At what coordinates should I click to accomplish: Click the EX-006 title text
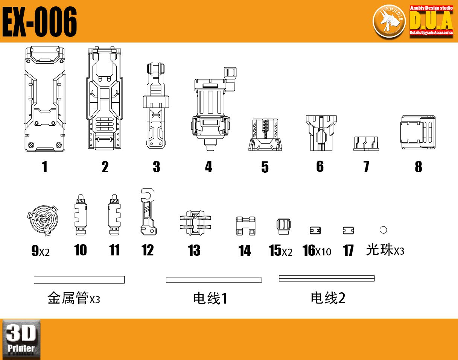point(40,21)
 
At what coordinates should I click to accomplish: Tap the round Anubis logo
point(389,21)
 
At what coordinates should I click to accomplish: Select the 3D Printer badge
point(21,339)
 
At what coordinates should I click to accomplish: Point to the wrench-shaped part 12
point(148,211)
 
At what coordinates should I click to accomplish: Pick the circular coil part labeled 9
point(43,220)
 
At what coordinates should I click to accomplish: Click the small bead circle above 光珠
point(383,230)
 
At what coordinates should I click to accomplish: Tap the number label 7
point(366,167)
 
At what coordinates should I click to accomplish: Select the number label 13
point(194,250)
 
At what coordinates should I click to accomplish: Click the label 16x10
point(317,251)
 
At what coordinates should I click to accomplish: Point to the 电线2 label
point(328,298)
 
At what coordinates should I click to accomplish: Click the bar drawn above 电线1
point(214,280)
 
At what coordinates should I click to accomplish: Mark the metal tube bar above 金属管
point(79,279)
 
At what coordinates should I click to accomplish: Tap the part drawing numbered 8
point(418,132)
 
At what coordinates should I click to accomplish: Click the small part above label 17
point(348,231)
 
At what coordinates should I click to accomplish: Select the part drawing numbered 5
point(265,135)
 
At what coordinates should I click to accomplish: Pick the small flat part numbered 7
point(366,144)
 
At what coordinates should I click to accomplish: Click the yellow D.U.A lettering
point(431,20)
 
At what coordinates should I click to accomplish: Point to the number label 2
point(105,167)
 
